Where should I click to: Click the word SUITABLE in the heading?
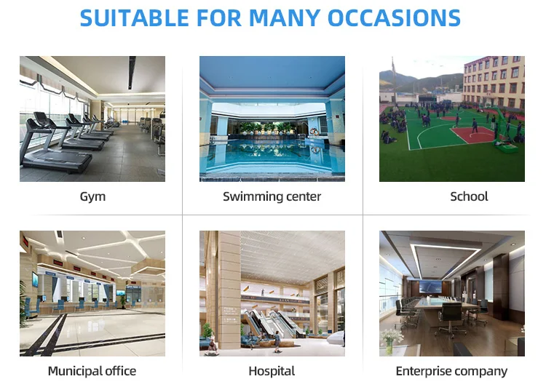click(135, 17)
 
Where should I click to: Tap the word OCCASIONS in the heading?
click(394, 17)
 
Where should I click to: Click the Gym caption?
click(92, 197)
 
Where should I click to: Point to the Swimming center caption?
click(272, 196)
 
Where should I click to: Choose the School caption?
click(469, 196)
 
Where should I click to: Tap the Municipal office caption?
click(92, 371)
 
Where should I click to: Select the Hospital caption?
click(272, 371)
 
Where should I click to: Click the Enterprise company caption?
click(451, 371)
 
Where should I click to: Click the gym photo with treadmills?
click(92, 119)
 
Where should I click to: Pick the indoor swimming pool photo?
click(272, 119)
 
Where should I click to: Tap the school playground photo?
click(452, 119)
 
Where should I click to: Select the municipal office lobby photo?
click(92, 293)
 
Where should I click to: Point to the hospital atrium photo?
click(272, 293)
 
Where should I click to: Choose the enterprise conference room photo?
click(452, 293)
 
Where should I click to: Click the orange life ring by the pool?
click(314, 132)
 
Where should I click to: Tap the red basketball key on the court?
click(473, 135)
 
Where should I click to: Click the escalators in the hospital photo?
click(272, 322)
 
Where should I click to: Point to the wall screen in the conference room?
click(431, 287)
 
